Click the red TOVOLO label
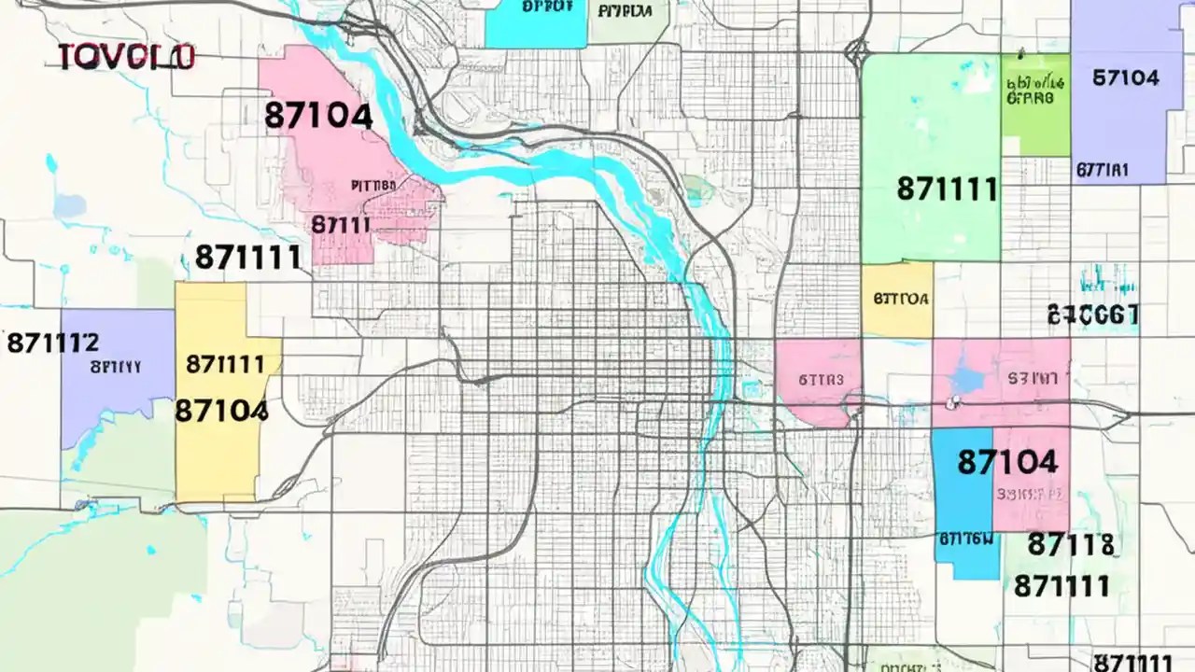126,57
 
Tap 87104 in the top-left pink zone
318,116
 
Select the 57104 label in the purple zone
1125,77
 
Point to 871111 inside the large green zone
947,189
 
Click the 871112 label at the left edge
52,343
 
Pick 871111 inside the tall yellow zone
225,364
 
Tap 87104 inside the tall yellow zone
221,410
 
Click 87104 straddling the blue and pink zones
1007,461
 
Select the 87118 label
1070,544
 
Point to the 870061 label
1092,315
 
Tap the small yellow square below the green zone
896,299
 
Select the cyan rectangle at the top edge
535,24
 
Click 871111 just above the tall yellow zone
247,258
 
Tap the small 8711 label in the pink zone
341,225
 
